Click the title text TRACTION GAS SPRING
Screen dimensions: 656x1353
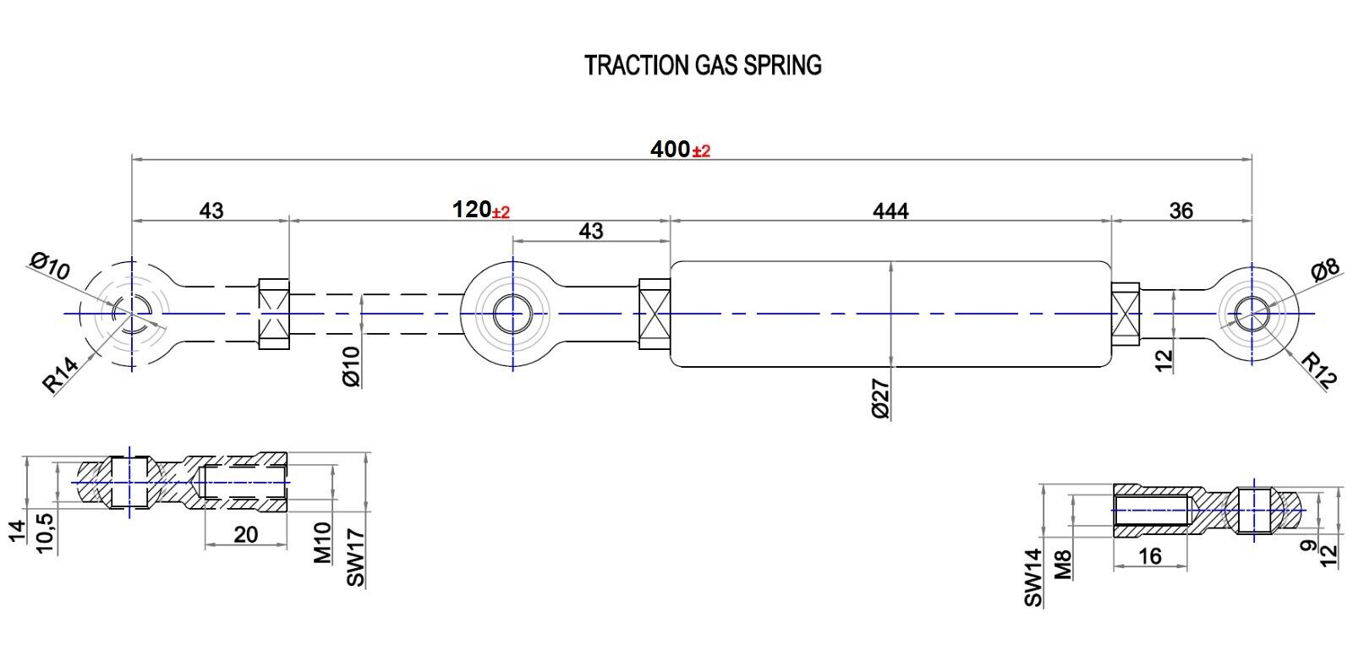pos(703,65)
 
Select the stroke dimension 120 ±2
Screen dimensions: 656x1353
pos(480,210)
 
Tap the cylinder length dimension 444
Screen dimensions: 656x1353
pos(890,210)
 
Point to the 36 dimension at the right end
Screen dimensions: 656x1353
pos(1180,210)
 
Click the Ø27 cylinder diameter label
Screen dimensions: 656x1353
pos(879,398)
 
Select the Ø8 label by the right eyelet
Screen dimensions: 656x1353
pos(1325,271)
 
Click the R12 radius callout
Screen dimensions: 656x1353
pos(1319,370)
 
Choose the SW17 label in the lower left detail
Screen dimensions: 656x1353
pos(355,557)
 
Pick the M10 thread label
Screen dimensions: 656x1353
pos(323,542)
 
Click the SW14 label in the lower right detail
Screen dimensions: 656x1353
pos(1033,577)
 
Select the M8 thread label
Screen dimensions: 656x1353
pos(1064,564)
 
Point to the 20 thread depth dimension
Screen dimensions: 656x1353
pos(245,534)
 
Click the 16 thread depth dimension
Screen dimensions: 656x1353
pos(1150,555)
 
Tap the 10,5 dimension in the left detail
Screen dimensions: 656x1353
pos(45,531)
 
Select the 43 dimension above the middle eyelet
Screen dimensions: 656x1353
pos(591,231)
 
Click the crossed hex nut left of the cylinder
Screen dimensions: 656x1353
pos(655,314)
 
